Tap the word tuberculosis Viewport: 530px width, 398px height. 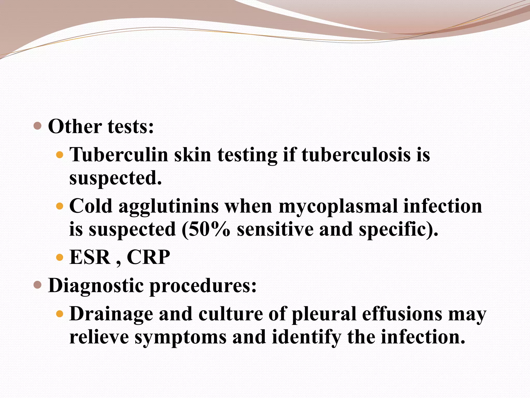point(356,155)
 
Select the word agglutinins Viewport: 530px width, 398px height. point(168,207)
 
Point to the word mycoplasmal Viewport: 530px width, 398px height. point(338,207)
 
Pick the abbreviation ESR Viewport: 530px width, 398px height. point(90,257)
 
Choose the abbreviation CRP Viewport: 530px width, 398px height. point(148,257)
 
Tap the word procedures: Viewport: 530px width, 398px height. point(203,286)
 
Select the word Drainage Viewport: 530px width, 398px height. point(111,314)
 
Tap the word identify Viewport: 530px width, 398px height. point(306,337)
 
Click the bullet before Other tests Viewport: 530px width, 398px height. point(38,126)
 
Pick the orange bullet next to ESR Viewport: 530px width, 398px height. point(60,257)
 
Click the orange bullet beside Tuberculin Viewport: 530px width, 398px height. point(60,155)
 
